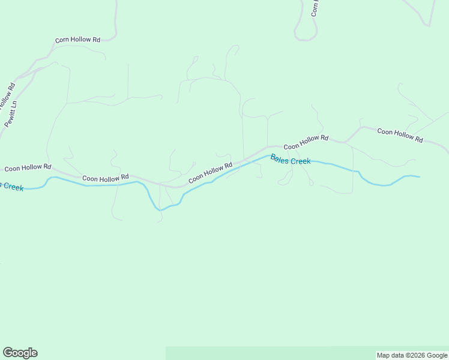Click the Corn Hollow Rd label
(x=77, y=40)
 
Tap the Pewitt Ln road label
(x=11, y=113)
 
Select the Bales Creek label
(x=291, y=160)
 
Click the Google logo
(x=20, y=353)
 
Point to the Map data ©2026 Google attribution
(x=412, y=355)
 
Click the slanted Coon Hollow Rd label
(x=210, y=173)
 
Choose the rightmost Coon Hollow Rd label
(x=400, y=135)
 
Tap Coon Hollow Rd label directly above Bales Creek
(x=306, y=142)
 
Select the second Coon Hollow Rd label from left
(x=106, y=178)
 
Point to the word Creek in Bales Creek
(x=301, y=161)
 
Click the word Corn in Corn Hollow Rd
(x=63, y=40)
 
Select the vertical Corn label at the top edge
(x=315, y=8)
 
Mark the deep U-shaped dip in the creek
(x=159, y=207)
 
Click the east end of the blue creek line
(x=418, y=177)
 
